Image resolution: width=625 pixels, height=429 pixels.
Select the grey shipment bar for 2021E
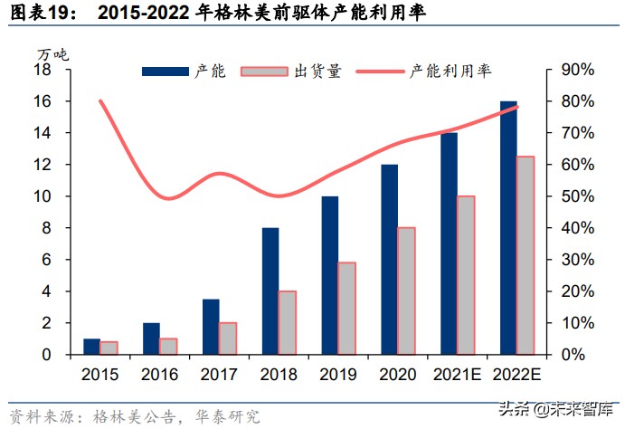(x=465, y=275)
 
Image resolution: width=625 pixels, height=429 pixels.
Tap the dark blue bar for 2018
(x=270, y=291)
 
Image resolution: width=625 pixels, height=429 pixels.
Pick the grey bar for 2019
(x=346, y=309)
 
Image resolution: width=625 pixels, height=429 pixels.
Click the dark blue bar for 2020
(x=390, y=260)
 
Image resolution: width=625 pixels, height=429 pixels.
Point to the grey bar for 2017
(x=227, y=338)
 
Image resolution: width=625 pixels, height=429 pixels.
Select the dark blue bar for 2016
(x=151, y=338)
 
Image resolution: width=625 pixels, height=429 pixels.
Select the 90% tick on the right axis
(x=576, y=70)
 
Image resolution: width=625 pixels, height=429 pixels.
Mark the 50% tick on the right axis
(x=576, y=196)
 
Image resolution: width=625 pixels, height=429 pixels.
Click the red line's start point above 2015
(x=99, y=101)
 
